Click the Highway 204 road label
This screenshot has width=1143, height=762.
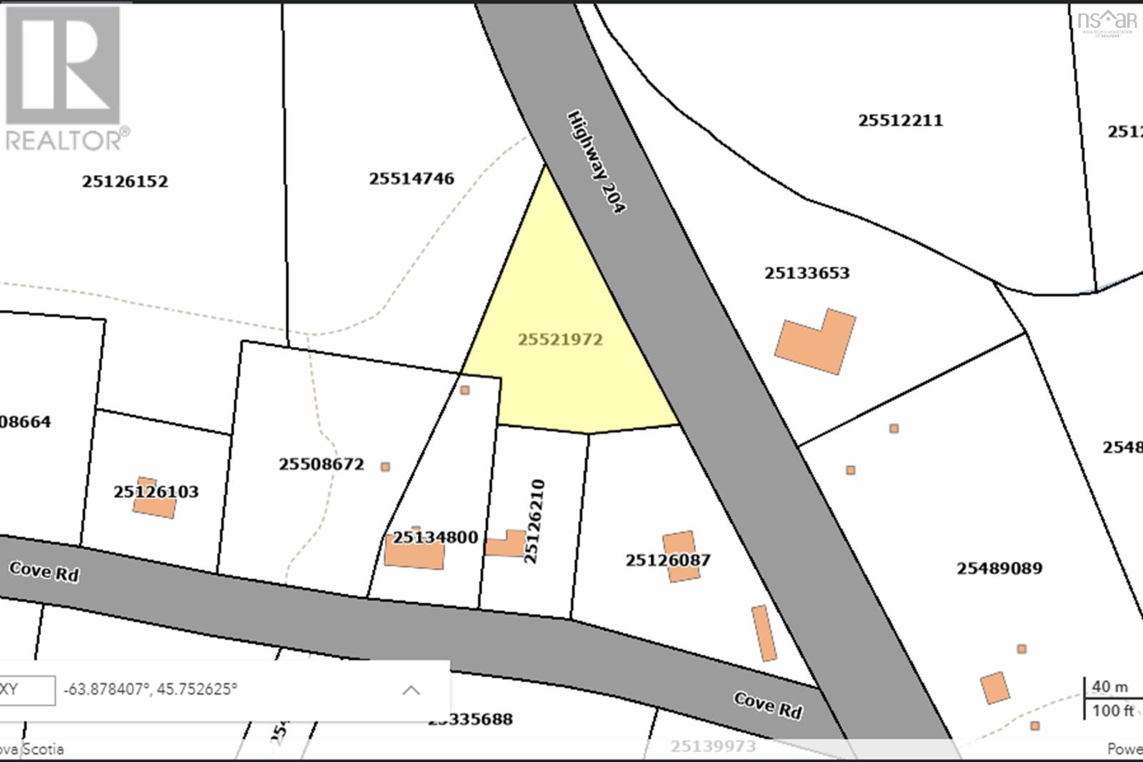(597, 161)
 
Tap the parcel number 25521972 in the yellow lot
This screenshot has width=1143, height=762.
(560, 339)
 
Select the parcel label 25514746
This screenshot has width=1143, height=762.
(411, 179)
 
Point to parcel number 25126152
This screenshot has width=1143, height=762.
(125, 181)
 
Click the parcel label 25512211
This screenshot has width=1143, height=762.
(900, 120)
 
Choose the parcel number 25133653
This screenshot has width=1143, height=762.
(807, 273)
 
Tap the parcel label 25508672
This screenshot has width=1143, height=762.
(321, 464)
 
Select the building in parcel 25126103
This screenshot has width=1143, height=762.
(154, 498)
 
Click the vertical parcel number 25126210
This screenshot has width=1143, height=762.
(534, 521)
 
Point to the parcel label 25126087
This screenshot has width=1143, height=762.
(668, 560)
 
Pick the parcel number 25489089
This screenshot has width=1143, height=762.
(999, 568)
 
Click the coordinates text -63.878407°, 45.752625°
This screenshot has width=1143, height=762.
(150, 690)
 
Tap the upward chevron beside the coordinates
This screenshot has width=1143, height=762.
(411, 690)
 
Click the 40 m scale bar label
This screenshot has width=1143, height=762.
(1109, 687)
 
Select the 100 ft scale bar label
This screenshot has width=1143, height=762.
(1112, 711)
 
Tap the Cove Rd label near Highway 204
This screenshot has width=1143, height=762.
(768, 705)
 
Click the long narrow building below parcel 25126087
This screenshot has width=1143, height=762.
(764, 633)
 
